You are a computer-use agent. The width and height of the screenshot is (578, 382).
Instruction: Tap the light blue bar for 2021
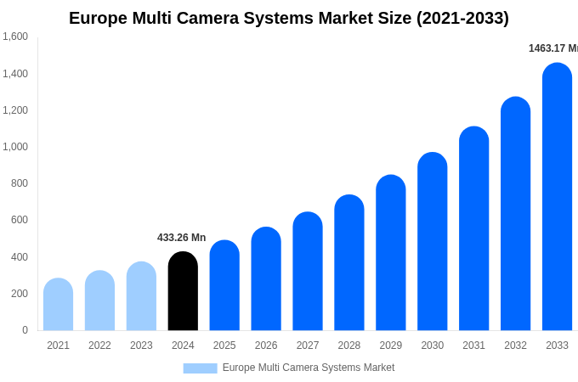[58, 305]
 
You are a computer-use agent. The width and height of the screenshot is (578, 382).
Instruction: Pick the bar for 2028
[349, 263]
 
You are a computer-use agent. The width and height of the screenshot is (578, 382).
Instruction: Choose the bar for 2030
[432, 242]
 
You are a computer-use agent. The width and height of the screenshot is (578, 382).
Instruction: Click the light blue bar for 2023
[141, 296]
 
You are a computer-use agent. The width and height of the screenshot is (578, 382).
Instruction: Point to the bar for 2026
[266, 279]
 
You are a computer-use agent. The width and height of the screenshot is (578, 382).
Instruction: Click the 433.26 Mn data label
[181, 238]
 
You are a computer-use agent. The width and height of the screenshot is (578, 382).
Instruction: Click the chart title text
[289, 18]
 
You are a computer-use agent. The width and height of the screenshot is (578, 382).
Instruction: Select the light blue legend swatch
[200, 368]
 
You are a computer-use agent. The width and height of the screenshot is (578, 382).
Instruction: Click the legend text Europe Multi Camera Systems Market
[309, 368]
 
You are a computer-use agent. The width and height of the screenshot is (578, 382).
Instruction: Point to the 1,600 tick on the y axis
[15, 37]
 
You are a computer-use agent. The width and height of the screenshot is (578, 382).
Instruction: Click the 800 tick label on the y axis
[19, 183]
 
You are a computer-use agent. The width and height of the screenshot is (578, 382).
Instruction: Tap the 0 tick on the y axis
[25, 330]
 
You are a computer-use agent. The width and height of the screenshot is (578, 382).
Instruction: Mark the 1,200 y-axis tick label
[15, 110]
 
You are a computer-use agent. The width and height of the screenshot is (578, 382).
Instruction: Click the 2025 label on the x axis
[224, 345]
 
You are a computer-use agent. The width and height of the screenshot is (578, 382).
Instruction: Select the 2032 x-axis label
[515, 345]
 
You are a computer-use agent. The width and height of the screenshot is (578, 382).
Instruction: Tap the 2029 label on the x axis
[391, 345]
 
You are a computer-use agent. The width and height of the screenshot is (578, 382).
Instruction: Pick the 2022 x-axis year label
[99, 345]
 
